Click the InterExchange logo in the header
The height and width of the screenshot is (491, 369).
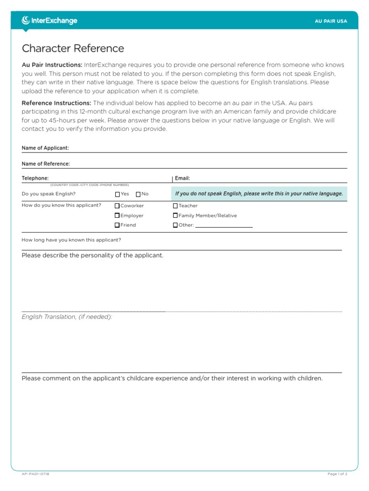coord(49,21)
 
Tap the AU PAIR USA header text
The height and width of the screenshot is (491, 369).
coord(331,21)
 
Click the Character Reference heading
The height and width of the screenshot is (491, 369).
coord(73,48)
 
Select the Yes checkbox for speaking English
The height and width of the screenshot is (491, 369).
coord(118,194)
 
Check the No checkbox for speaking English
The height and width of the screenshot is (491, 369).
coord(138,194)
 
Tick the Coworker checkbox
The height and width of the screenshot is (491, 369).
coord(117,206)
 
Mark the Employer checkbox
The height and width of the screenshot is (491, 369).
coord(117,216)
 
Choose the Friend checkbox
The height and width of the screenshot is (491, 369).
coord(117,225)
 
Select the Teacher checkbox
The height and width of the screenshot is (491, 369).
coord(175,206)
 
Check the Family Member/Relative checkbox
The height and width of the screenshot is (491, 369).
coord(175,216)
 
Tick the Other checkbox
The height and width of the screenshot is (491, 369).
coord(175,225)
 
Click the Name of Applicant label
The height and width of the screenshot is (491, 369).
coord(45,148)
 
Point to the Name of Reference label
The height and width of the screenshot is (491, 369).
coord(46,164)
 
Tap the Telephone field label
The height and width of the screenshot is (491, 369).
coord(35,178)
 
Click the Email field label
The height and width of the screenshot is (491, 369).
coord(183,178)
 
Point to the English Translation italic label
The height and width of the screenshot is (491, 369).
coord(67,317)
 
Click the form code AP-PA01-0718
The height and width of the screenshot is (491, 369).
coord(36,474)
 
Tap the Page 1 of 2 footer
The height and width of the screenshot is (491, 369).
coord(337,474)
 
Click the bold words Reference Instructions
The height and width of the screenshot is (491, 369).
coord(56,103)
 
